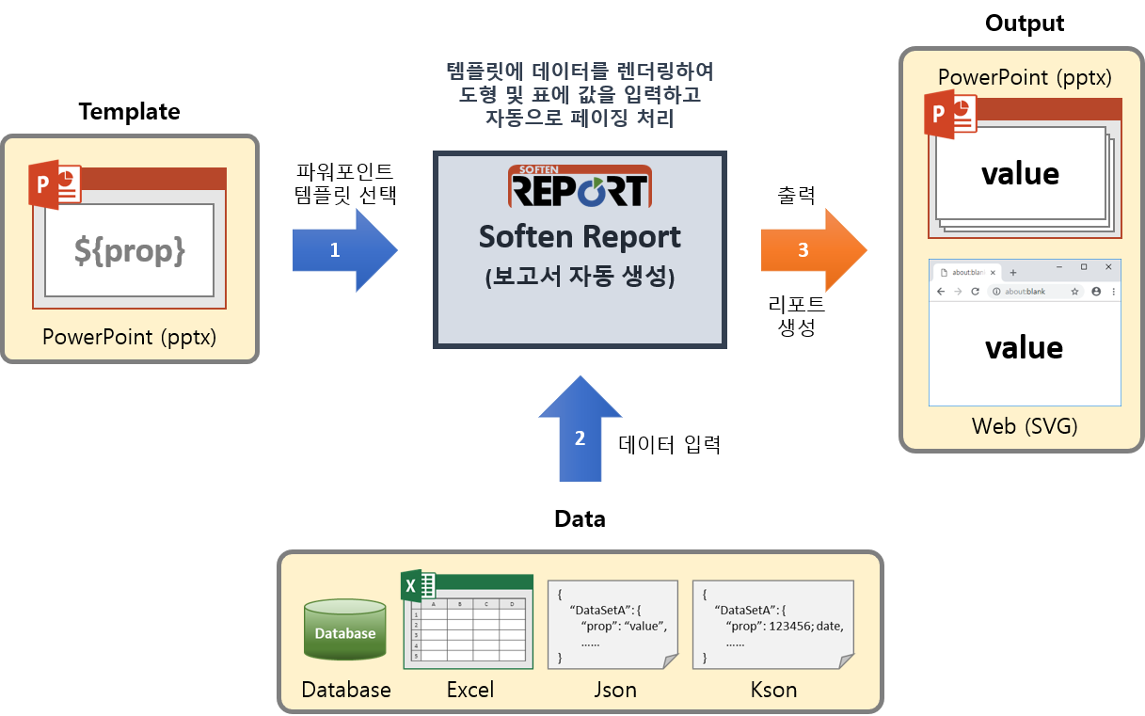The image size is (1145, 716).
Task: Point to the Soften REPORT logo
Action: click(580, 186)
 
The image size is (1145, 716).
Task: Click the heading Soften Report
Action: click(580, 236)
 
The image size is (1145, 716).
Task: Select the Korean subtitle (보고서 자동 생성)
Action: click(580, 278)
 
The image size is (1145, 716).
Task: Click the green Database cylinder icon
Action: click(345, 629)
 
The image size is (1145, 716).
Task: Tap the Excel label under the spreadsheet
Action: click(470, 690)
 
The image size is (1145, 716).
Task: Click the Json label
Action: click(615, 690)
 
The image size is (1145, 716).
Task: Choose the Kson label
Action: click(773, 690)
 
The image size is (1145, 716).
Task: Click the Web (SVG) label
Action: click(1025, 426)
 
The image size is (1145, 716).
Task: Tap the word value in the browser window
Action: click(1024, 348)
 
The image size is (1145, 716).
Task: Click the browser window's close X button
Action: click(1108, 267)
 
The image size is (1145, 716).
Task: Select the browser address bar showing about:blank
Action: click(1026, 292)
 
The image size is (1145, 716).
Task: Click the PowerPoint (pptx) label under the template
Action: click(130, 336)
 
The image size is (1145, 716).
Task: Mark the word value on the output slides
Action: click(1020, 173)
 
